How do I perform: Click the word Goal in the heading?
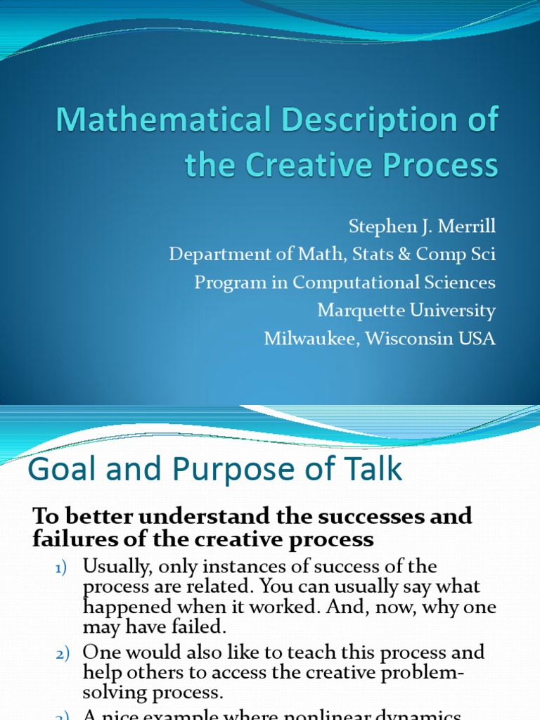(x=58, y=469)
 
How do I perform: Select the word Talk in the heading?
(x=371, y=469)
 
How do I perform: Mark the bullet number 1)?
(x=63, y=567)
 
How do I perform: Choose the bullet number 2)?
(x=63, y=653)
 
